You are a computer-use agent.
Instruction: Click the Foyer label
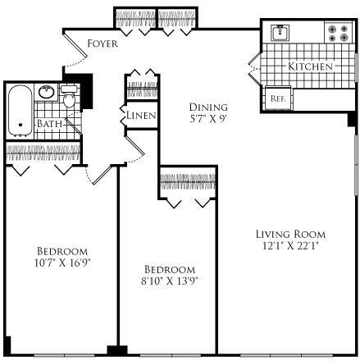[102, 43]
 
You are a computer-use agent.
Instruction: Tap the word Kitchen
[310, 65]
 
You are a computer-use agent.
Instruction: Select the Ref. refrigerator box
[277, 98]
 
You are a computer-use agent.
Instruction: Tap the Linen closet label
[140, 116]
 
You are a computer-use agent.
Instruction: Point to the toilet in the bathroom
[70, 99]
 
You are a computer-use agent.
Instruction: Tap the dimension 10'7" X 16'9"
[62, 263]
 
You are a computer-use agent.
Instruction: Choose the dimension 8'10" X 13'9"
[171, 281]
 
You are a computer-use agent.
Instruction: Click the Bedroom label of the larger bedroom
[62, 250]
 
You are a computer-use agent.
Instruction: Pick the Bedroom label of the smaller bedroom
[170, 269]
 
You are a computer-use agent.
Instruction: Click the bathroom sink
[46, 91]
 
